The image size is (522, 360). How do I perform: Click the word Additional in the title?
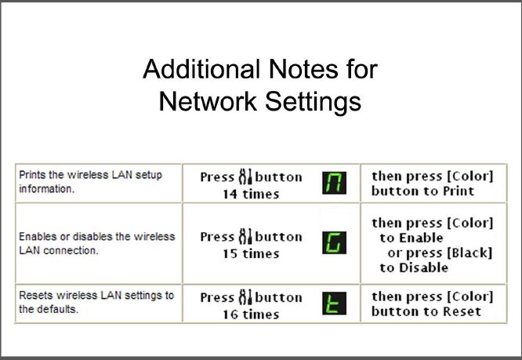pos(201,69)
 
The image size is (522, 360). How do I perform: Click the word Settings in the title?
pos(313,102)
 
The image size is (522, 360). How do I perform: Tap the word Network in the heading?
pos(208,101)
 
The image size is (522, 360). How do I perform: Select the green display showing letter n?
pos(334,183)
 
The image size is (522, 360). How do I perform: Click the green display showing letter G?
pos(334,242)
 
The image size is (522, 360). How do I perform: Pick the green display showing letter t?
pos(334,303)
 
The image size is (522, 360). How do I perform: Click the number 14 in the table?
pos(230,195)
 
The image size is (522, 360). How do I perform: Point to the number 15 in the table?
pos(230,254)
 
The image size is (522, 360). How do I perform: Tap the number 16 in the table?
pos(230,315)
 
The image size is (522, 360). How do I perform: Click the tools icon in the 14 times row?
pos(245,176)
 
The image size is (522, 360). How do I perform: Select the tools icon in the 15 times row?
pos(245,236)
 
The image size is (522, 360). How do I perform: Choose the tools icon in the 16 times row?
pos(245,296)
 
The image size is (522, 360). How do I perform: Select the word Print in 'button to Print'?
pos(459,191)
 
